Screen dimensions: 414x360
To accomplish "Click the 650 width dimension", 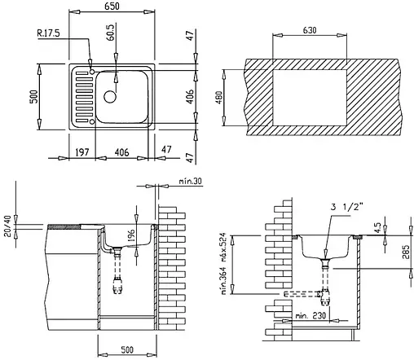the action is pyautogui.click(x=112, y=7).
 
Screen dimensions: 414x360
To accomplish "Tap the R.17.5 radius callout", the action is pyautogui.click(x=48, y=33).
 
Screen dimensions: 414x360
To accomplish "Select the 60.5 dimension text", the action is pyautogui.click(x=111, y=33).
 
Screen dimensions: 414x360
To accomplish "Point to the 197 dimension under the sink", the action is pyautogui.click(x=81, y=152).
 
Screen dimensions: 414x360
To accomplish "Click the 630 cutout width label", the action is pyautogui.click(x=310, y=30).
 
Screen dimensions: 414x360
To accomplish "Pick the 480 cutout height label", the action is pyautogui.click(x=219, y=98).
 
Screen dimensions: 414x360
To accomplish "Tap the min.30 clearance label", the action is pyautogui.click(x=191, y=181).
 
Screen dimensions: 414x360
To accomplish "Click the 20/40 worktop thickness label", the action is pyautogui.click(x=7, y=226).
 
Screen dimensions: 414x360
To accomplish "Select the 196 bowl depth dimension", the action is pyautogui.click(x=130, y=236).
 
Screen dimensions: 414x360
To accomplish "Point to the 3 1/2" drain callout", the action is pyautogui.click(x=346, y=207).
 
